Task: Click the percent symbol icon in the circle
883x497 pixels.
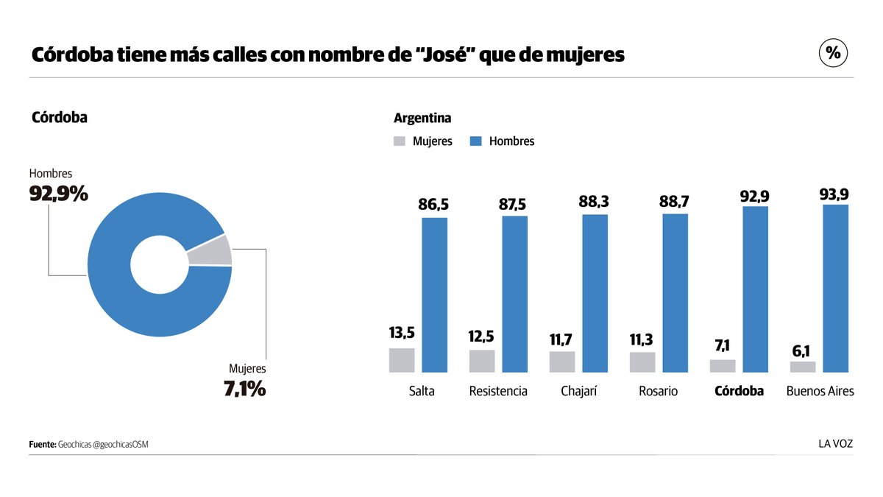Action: pos(833,53)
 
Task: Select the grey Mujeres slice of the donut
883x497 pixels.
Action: pos(210,251)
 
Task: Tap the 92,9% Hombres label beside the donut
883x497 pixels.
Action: pos(58,194)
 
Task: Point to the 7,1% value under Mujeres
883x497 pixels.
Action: pos(244,388)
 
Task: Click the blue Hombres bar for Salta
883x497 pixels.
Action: pos(434,295)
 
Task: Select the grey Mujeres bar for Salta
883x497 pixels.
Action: pos(402,360)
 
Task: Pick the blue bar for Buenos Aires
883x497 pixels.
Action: pos(835,288)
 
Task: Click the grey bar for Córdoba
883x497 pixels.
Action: pos(723,366)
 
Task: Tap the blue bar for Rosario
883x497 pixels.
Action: pos(675,293)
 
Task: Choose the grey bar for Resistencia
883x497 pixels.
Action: pos(482,361)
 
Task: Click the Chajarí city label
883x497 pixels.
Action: pos(578,391)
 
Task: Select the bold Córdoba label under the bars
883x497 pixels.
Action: pos(739,391)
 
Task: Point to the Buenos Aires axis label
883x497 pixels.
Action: pos(820,391)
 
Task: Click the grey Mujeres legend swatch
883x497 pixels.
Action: pos(400,141)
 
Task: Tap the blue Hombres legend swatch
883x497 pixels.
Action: pos(475,141)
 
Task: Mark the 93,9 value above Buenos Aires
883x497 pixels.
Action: pos(835,194)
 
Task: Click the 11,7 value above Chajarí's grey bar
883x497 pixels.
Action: pos(562,339)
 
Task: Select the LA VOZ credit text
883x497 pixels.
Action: pos(836,444)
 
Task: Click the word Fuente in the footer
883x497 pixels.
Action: pos(42,445)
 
